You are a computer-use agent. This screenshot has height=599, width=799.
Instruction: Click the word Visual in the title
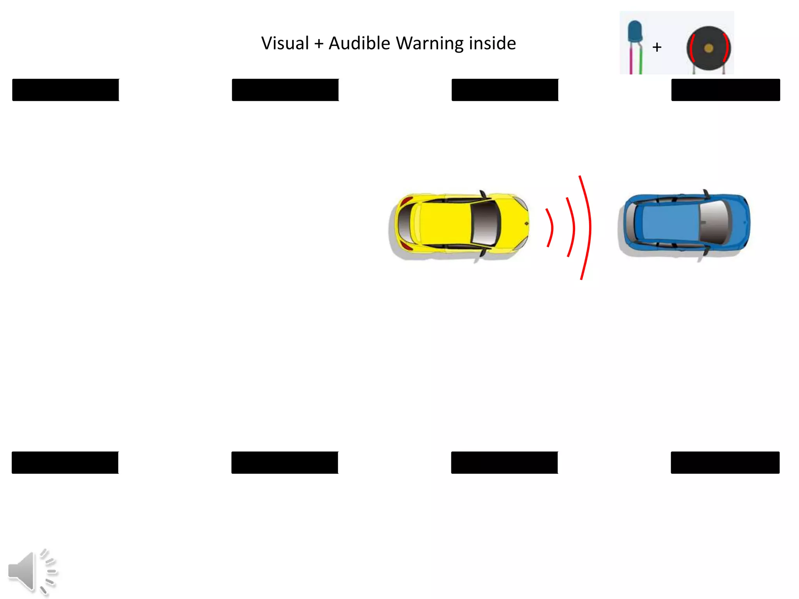(285, 43)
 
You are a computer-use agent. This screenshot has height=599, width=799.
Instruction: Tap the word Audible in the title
(359, 43)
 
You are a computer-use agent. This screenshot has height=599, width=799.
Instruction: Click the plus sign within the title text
(319, 44)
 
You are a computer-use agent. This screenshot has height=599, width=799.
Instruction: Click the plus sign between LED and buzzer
(657, 47)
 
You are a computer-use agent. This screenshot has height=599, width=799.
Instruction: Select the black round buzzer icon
(708, 48)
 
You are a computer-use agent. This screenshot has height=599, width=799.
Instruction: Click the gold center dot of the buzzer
(708, 48)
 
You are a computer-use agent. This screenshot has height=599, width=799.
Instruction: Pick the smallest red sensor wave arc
(550, 228)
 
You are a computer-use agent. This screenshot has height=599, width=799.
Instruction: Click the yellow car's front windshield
(485, 224)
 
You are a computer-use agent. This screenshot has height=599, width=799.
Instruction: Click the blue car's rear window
(630, 223)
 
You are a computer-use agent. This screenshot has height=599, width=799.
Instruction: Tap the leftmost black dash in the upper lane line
(66, 90)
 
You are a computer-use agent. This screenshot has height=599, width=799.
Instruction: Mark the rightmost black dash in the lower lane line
(725, 463)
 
